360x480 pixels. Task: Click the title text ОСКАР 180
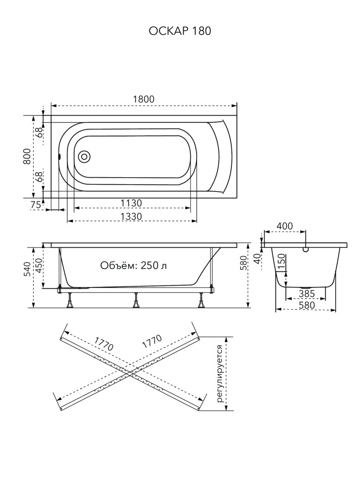click(x=180, y=31)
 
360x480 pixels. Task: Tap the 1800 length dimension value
click(x=144, y=99)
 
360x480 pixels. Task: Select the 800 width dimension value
click(x=27, y=156)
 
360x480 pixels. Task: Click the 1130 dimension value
click(x=131, y=203)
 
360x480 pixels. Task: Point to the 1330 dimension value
click(x=131, y=216)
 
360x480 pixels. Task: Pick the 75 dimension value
click(x=36, y=205)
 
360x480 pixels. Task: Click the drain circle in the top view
click(x=84, y=156)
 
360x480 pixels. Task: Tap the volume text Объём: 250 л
click(x=134, y=265)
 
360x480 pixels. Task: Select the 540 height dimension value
click(x=27, y=269)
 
